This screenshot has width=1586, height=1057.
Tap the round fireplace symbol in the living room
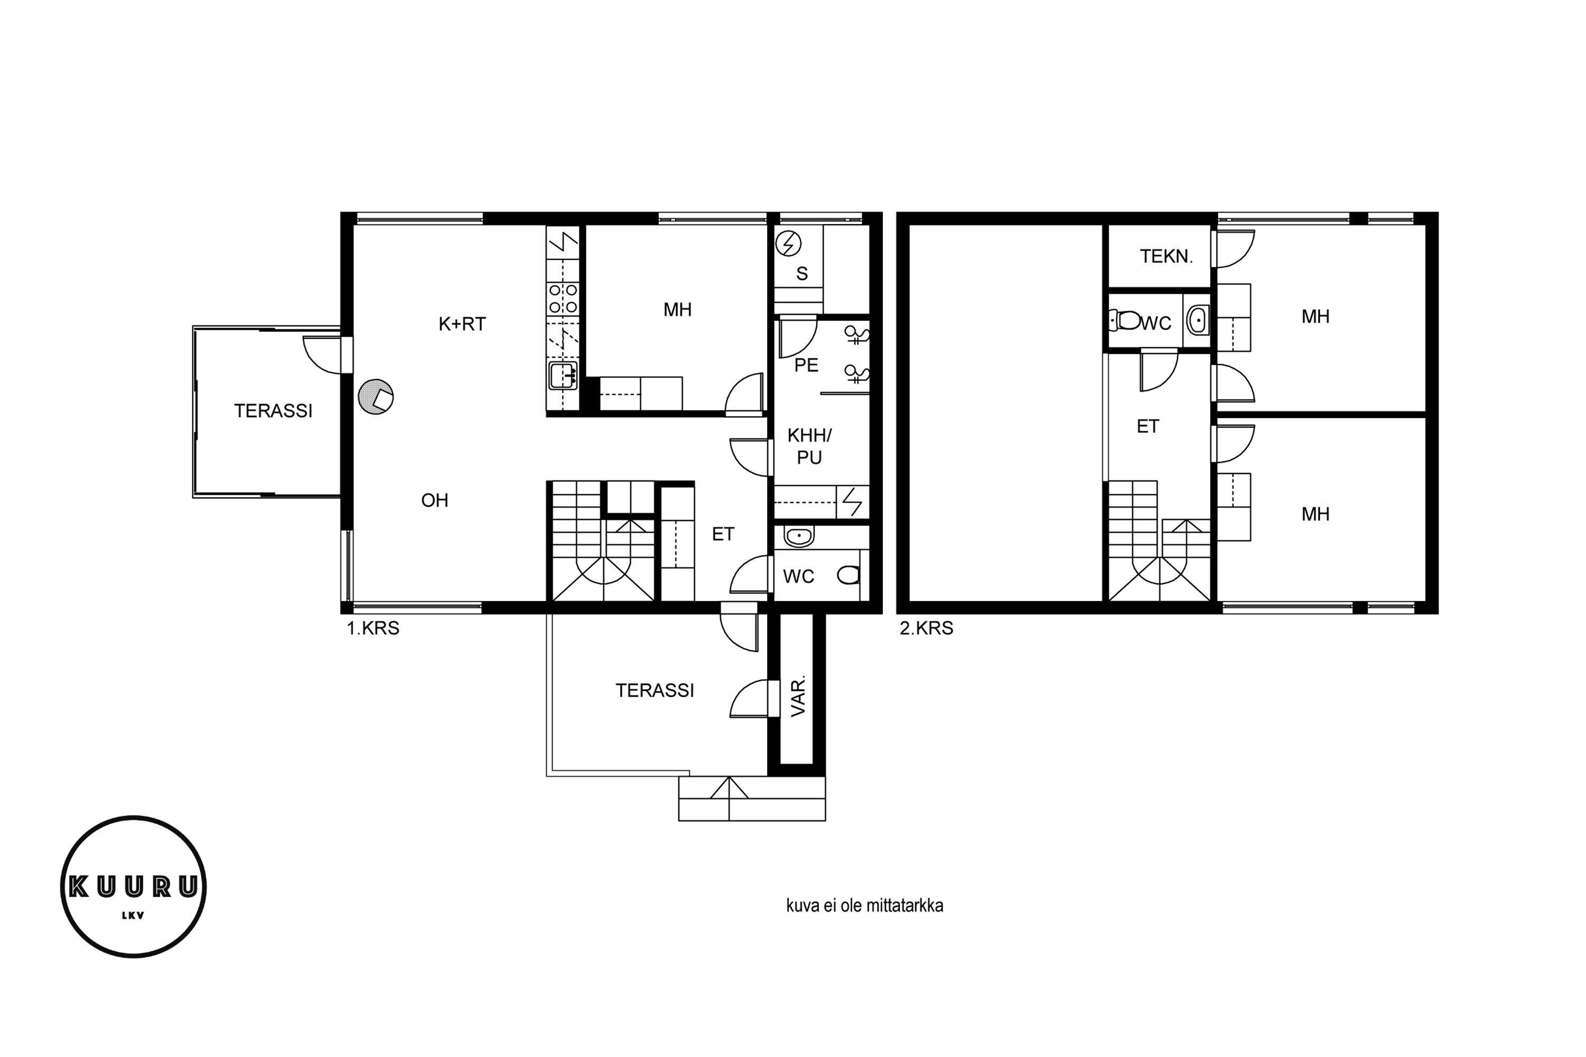click(x=375, y=397)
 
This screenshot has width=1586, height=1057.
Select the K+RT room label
click(x=462, y=324)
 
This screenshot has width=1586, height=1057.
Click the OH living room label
click(x=435, y=500)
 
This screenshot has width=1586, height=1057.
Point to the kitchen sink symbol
click(x=563, y=375)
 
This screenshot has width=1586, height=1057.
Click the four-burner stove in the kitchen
click(x=563, y=299)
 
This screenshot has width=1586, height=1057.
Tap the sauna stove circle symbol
click(x=788, y=243)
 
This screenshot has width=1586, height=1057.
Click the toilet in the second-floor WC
click(x=1125, y=320)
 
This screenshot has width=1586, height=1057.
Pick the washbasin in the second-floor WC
click(x=1197, y=320)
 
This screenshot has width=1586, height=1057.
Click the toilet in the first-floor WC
click(x=849, y=575)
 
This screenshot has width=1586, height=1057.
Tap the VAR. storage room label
click(x=798, y=697)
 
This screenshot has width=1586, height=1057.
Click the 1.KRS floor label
click(x=373, y=628)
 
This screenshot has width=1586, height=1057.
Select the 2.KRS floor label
click(x=927, y=628)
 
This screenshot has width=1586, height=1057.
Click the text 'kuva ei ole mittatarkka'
click(x=864, y=905)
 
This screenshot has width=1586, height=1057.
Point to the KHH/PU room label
click(x=809, y=446)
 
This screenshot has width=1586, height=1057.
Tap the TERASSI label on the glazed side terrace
click(x=273, y=411)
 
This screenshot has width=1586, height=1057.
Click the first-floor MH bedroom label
click(x=678, y=309)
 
